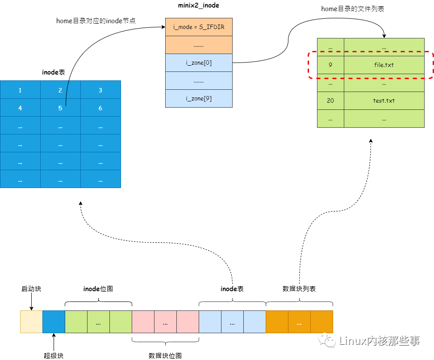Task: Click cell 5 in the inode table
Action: (x=60, y=108)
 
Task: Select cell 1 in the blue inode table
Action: (x=20, y=90)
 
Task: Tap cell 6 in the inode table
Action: (x=100, y=108)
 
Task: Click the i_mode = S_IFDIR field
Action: (x=199, y=27)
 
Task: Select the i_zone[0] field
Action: (x=199, y=63)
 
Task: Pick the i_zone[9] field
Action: (x=199, y=98)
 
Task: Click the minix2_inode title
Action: (x=199, y=6)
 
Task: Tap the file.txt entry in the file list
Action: (x=384, y=65)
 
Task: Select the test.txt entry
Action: (x=384, y=100)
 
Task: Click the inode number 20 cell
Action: (x=330, y=100)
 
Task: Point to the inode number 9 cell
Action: (x=330, y=65)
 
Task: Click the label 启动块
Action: (x=31, y=289)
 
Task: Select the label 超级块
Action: (x=54, y=356)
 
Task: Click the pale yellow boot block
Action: (x=31, y=322)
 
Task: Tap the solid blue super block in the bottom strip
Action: (x=54, y=322)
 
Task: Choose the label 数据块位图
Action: (x=165, y=356)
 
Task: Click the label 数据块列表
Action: (x=299, y=289)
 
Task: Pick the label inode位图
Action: (x=98, y=289)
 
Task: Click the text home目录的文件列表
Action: (x=353, y=9)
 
